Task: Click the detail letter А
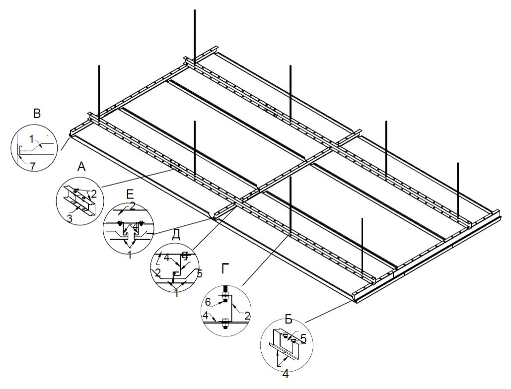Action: tap(82, 168)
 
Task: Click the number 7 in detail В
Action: tap(32, 166)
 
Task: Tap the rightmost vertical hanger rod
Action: tap(457, 189)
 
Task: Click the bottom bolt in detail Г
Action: tap(224, 325)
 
